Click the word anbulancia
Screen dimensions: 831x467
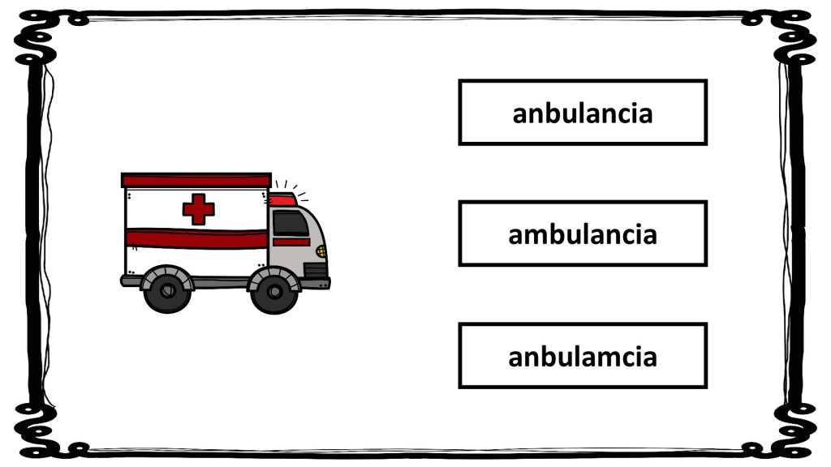tap(583, 114)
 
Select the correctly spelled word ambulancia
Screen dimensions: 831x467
tap(583, 234)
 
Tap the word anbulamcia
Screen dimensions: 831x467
tap(583, 357)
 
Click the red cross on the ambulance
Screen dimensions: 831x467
tap(199, 209)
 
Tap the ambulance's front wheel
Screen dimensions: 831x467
tap(274, 291)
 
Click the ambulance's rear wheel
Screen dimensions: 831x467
tap(167, 289)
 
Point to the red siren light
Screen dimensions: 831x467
tap(282, 200)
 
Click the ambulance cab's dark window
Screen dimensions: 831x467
tap(290, 223)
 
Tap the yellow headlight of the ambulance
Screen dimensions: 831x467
tap(321, 251)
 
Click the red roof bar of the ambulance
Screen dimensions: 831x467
tap(196, 180)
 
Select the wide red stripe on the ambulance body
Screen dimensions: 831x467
tap(196, 239)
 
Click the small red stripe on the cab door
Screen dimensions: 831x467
tap(291, 242)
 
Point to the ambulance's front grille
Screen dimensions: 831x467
tap(316, 270)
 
